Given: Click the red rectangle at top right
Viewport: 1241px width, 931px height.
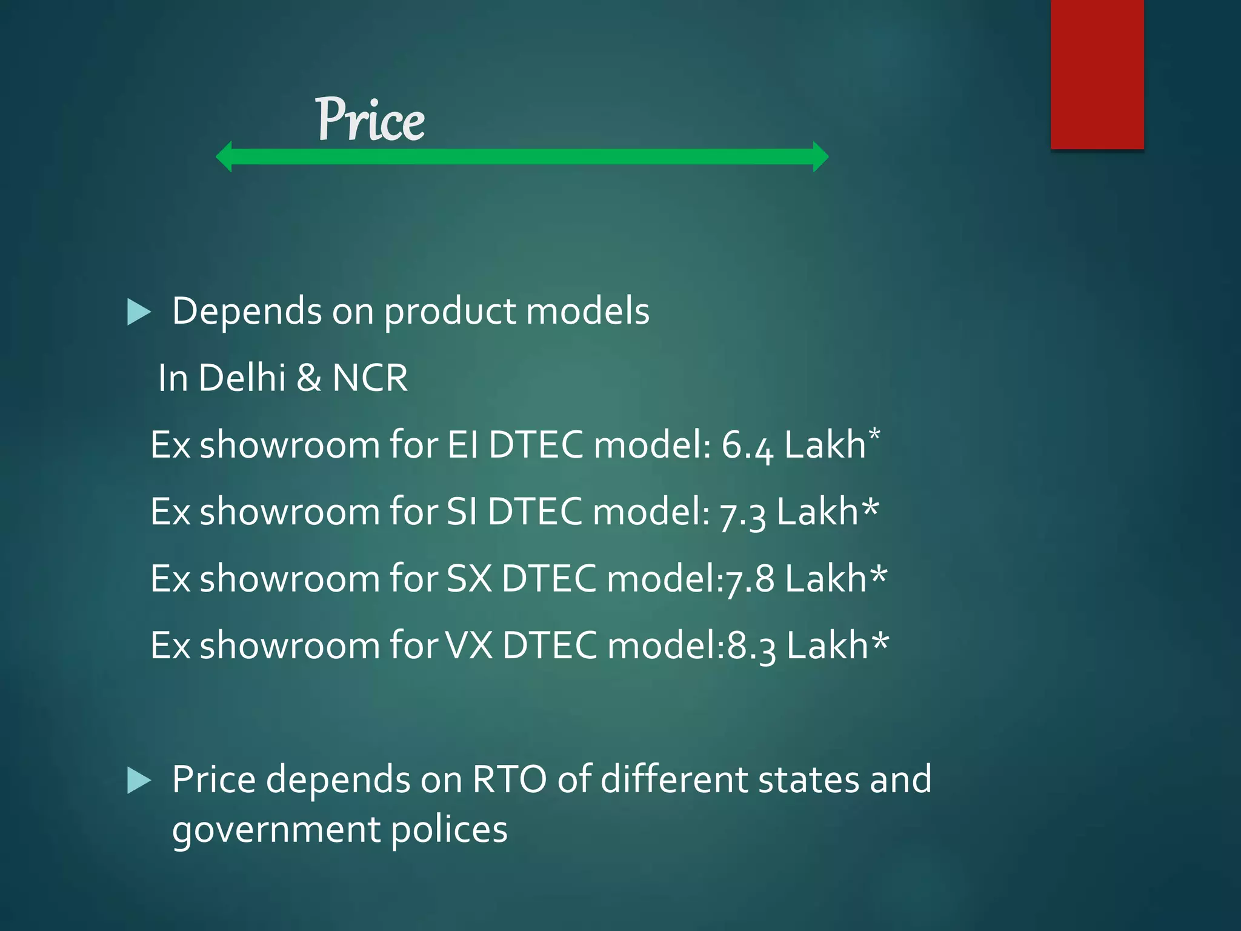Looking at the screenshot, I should (x=1097, y=74).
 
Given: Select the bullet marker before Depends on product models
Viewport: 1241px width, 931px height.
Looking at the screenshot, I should (x=139, y=313).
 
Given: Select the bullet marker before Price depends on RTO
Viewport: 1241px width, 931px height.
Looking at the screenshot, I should (x=139, y=781).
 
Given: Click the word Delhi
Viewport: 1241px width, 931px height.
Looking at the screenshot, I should (x=242, y=378).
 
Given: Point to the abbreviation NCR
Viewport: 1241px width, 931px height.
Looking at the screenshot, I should (x=370, y=378).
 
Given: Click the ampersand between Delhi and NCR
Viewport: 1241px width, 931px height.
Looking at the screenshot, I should (x=309, y=378).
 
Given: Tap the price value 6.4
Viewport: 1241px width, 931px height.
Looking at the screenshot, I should (x=747, y=445).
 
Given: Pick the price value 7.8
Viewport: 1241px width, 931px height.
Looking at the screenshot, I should (x=750, y=579).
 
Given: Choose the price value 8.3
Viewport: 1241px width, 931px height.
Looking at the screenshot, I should (x=751, y=646).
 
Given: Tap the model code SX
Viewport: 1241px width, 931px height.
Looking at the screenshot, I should (x=468, y=578).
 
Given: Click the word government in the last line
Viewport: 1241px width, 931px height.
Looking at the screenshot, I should (x=275, y=830).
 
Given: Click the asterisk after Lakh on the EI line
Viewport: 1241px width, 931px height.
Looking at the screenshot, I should (x=874, y=435).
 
